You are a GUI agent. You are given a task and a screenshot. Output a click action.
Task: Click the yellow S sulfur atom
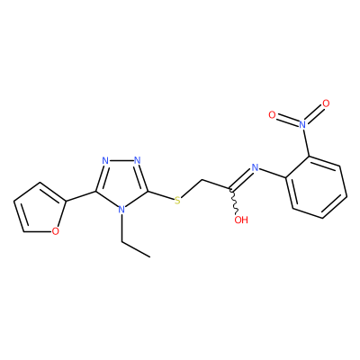(x=177, y=200)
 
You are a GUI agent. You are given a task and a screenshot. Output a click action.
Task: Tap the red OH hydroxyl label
(x=241, y=220)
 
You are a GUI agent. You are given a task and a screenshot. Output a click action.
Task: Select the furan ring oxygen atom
(x=55, y=231)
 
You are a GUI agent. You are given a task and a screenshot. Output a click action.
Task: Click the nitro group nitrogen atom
(x=302, y=123)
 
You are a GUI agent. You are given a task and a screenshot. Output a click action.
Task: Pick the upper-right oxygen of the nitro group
(x=326, y=103)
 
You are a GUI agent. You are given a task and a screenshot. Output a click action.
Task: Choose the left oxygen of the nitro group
(x=272, y=114)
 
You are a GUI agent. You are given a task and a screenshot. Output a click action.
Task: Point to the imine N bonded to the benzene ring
(x=255, y=167)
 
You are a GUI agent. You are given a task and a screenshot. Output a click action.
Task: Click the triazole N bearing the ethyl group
(x=121, y=209)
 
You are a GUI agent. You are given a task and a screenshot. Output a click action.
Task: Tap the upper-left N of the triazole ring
(x=105, y=160)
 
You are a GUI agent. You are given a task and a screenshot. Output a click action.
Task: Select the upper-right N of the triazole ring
(x=138, y=160)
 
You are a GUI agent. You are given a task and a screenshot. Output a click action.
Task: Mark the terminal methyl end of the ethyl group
(x=149, y=257)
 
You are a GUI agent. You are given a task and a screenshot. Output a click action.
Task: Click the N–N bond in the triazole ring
(x=121, y=160)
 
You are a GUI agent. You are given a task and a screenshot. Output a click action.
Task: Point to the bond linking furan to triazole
(x=81, y=196)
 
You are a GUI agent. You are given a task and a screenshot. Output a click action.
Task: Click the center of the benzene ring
(x=316, y=187)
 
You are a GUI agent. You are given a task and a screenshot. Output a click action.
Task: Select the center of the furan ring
(x=40, y=209)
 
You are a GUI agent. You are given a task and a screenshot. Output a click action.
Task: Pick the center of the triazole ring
(x=121, y=183)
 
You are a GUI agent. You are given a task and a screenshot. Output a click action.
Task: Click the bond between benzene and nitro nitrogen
(x=306, y=142)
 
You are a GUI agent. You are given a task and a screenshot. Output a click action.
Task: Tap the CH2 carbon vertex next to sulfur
(x=202, y=180)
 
